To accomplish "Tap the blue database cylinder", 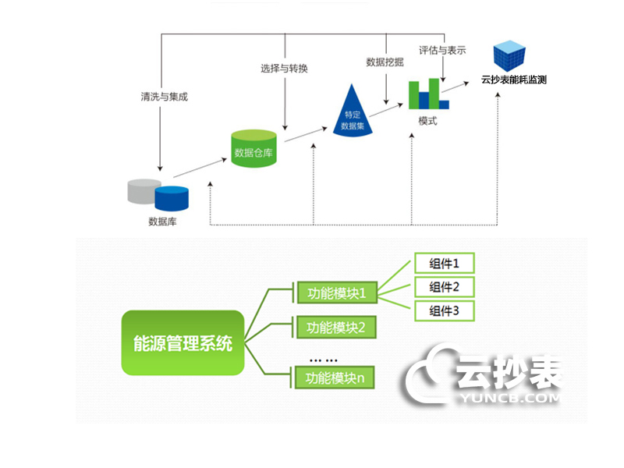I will [x=172, y=198].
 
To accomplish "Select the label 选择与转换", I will [x=284, y=68].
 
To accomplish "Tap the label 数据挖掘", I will [x=385, y=62].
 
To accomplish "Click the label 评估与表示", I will [x=442, y=50].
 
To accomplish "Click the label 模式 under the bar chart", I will [x=427, y=120].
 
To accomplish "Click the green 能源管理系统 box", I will [x=183, y=342].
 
